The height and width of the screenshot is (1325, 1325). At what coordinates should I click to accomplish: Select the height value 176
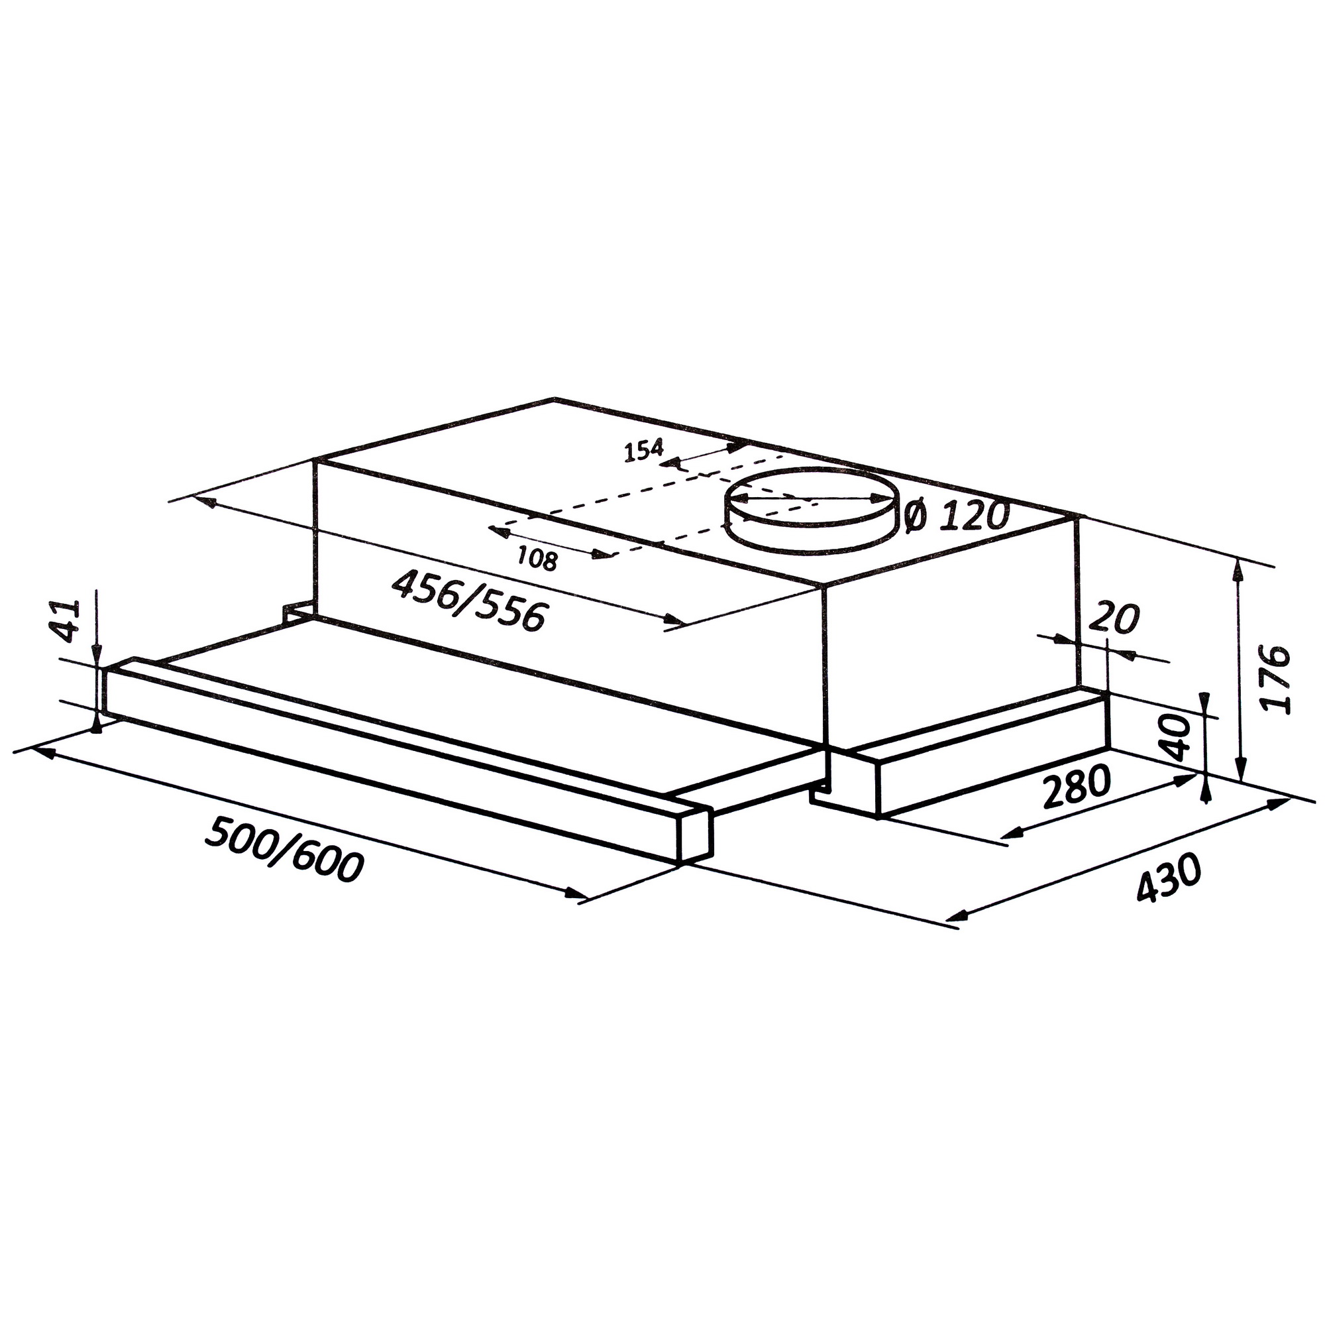(1275, 679)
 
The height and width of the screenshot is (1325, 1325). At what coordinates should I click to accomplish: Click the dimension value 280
(1075, 788)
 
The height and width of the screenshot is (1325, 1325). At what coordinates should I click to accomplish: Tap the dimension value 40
(1177, 738)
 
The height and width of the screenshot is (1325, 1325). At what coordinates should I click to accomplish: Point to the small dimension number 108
(537, 560)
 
